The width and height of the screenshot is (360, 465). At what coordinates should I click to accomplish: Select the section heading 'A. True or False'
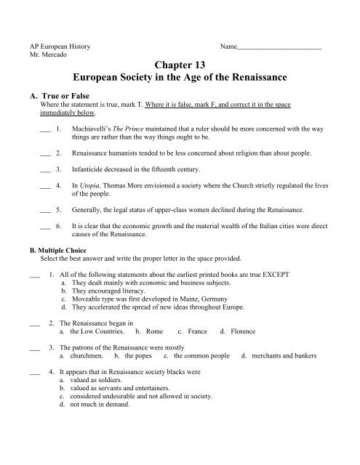[57, 94]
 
